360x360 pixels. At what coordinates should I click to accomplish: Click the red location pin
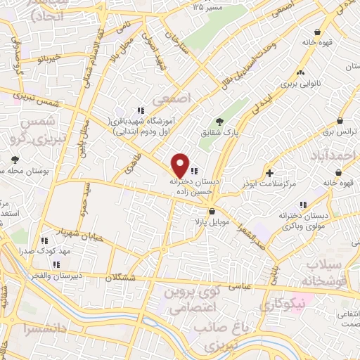[x=181, y=165]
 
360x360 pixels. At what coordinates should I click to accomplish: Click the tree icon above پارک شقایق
[x=220, y=122]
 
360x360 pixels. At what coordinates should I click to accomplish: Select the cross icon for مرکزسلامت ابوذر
[x=270, y=173]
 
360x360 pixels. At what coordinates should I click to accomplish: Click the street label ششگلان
[x=120, y=278]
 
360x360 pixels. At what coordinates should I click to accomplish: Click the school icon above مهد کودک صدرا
[x=46, y=240]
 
